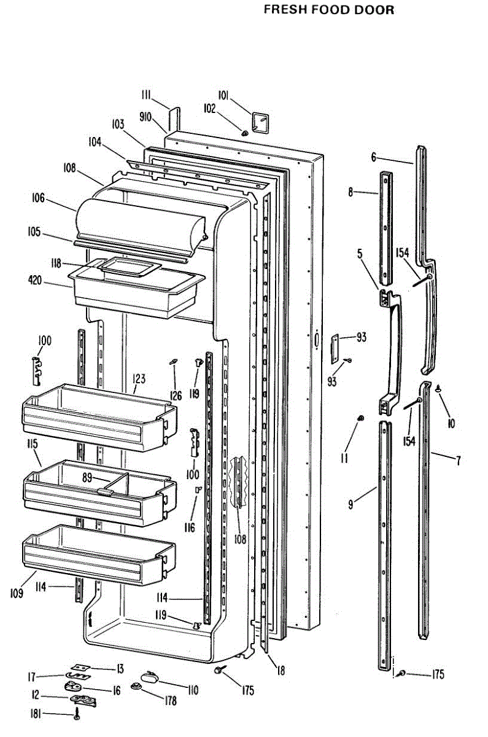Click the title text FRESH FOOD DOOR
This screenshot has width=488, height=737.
(328, 10)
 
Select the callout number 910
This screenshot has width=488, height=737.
(145, 116)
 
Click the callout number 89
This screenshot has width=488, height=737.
(88, 476)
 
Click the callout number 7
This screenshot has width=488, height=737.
(458, 460)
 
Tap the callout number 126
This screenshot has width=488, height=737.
(176, 396)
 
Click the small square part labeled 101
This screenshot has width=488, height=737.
(260, 120)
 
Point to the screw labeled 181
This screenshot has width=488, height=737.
(77, 713)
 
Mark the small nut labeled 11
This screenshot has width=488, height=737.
(360, 419)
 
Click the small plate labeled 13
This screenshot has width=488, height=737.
(78, 668)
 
